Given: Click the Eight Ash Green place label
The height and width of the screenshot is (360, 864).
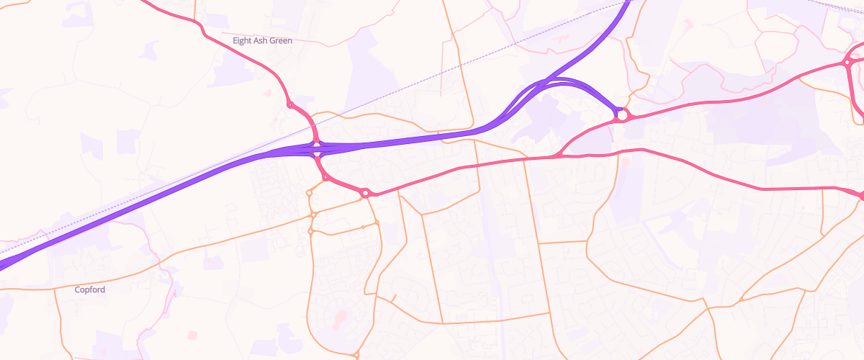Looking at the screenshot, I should coord(262,41).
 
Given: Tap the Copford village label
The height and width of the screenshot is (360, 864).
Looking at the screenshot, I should coord(90,289).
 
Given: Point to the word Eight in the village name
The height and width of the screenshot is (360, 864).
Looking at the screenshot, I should coord(243,41).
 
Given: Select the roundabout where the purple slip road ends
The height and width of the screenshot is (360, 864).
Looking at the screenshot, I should coord(621,114).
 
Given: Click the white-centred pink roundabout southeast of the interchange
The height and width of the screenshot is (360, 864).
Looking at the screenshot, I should coord(366,193).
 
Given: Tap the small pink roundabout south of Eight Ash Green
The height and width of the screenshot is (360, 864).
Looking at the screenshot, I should coord(290,105).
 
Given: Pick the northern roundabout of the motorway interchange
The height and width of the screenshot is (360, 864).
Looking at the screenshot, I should coord(316,143).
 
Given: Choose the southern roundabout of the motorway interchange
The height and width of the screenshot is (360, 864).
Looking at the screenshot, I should coord(317,154).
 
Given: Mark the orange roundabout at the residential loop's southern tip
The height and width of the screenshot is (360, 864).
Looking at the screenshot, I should coord(356,354).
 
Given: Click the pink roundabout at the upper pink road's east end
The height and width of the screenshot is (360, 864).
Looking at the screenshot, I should coord(848,63).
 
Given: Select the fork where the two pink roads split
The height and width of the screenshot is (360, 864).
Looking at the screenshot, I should coord(558,155).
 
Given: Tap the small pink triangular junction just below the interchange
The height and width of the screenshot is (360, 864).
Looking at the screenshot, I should coord(325,177).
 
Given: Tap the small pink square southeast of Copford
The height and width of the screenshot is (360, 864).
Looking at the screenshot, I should coord(192,335).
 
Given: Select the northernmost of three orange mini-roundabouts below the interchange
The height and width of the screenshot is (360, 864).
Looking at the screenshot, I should coord(310,193).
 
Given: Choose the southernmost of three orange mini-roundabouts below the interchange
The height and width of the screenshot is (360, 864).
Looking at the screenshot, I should coord(311,231).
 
